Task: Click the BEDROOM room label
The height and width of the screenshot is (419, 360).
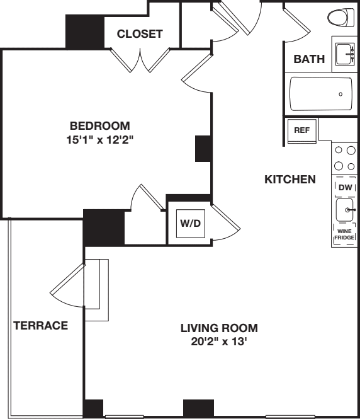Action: click(99, 125)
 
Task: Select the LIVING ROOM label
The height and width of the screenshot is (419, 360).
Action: click(219, 328)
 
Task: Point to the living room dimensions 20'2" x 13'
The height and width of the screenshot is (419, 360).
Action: click(219, 342)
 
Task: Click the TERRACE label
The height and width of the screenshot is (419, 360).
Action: click(40, 326)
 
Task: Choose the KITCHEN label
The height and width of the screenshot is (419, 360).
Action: click(290, 180)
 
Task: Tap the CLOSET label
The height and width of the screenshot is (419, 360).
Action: click(139, 34)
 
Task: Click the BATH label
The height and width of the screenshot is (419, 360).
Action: click(309, 60)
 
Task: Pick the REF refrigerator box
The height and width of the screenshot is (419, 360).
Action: click(300, 130)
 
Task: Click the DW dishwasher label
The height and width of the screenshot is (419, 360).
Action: click(344, 188)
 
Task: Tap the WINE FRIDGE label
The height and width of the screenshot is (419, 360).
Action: click(344, 234)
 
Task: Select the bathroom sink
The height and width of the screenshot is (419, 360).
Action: click(344, 54)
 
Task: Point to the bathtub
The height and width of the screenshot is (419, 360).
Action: click(322, 93)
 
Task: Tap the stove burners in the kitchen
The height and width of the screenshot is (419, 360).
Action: click(344, 158)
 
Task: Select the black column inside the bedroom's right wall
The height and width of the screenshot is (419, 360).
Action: click(203, 149)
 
